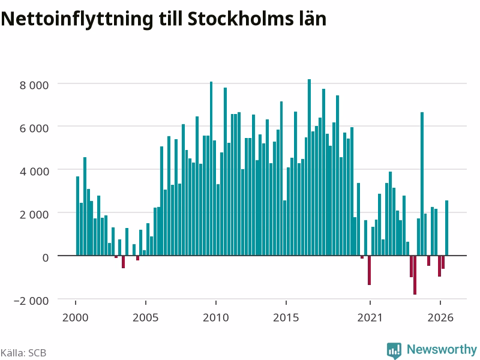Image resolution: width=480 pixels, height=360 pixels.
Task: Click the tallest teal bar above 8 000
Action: (x=309, y=167)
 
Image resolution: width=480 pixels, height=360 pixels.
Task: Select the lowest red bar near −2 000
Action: (x=415, y=275)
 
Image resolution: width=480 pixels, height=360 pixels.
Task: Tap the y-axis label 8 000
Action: (x=34, y=85)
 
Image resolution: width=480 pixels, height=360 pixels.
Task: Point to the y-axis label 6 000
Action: (x=34, y=128)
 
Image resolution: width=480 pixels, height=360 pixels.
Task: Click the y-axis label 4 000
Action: (x=34, y=172)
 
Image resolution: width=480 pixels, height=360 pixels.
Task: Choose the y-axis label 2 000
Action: (x=34, y=215)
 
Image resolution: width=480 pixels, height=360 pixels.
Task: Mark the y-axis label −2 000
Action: (x=31, y=301)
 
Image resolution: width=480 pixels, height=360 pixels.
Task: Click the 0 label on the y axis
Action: (x=46, y=258)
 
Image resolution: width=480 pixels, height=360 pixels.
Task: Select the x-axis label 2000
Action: (x=76, y=317)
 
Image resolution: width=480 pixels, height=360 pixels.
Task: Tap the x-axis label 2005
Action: (x=145, y=317)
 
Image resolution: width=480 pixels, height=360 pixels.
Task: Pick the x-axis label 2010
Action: (x=216, y=317)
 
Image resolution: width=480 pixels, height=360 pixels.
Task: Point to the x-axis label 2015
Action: (x=286, y=317)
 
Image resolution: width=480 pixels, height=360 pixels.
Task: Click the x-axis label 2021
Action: (x=370, y=317)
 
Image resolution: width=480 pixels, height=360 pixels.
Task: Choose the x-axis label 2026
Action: (x=440, y=317)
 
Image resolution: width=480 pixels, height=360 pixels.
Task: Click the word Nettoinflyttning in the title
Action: (x=77, y=20)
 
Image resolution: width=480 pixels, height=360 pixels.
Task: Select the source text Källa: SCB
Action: (x=23, y=353)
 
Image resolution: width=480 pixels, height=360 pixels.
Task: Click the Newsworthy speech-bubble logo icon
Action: (x=394, y=350)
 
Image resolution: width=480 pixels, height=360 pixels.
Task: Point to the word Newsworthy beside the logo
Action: (x=442, y=349)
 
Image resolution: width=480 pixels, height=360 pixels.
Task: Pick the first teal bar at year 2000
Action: (x=77, y=216)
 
